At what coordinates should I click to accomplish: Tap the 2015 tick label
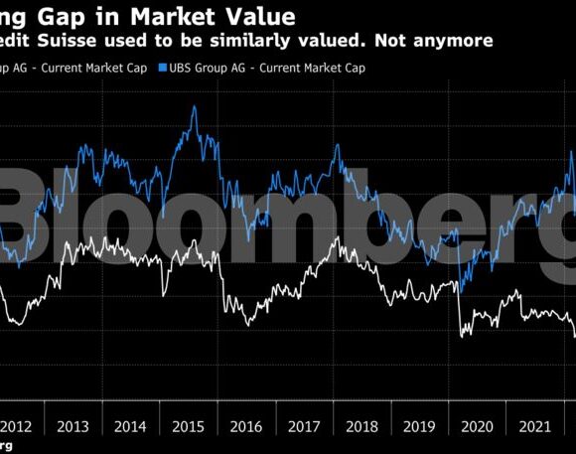(188, 426)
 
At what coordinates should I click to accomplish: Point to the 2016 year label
(245, 426)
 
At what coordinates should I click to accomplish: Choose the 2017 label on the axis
(303, 426)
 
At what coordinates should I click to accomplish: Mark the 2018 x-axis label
(360, 426)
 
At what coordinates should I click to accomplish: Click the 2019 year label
(418, 426)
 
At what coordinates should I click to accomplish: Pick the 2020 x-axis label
(476, 426)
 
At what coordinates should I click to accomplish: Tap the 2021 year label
(533, 426)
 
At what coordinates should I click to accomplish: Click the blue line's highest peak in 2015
(193, 105)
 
